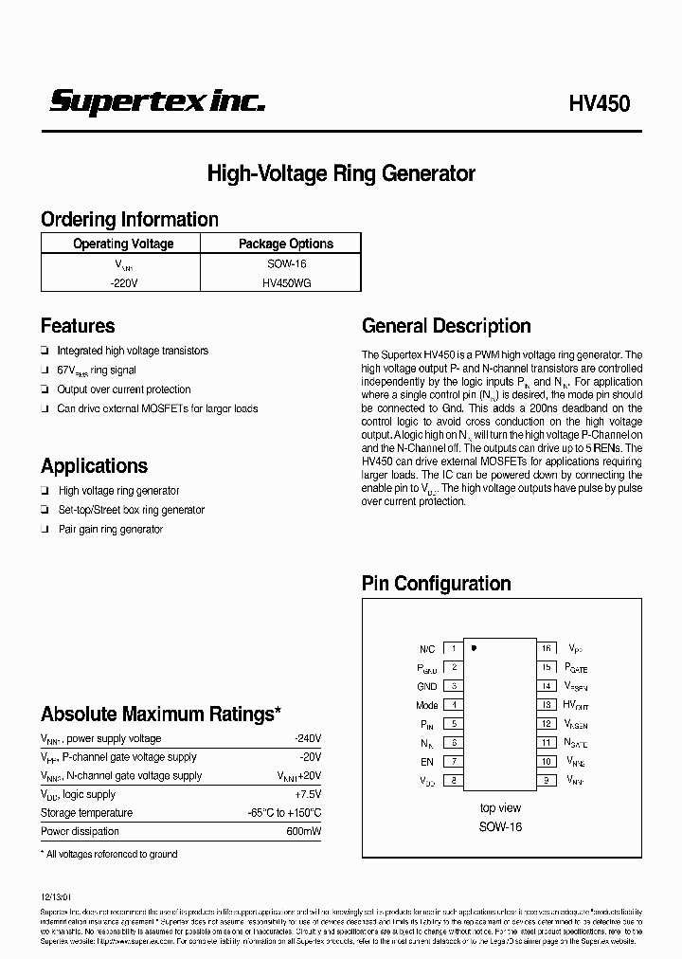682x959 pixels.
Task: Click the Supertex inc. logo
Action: click(157, 102)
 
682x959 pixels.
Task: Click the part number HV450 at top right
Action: click(600, 104)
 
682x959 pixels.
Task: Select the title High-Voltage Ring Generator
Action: click(341, 173)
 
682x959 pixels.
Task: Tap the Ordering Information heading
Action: click(130, 220)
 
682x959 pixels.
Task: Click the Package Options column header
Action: click(285, 244)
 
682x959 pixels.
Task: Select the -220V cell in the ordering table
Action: click(123, 281)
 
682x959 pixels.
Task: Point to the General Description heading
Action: click(446, 326)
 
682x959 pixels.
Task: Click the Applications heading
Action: click(94, 466)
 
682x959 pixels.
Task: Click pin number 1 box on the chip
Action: click(454, 649)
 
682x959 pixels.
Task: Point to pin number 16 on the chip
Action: click(547, 649)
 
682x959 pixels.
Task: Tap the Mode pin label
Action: click(426, 705)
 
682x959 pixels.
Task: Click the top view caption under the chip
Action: click(500, 808)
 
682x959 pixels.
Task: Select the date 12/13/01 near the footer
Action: click(55, 893)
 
